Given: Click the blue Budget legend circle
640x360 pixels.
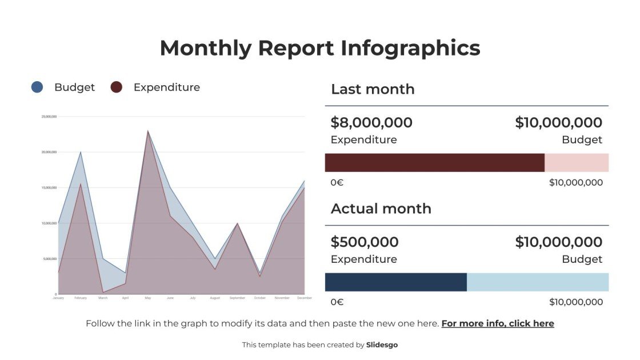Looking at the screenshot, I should tap(37, 87).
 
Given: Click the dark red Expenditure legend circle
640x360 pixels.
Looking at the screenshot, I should tap(117, 87).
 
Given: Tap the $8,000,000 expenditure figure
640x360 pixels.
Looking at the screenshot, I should tap(371, 123).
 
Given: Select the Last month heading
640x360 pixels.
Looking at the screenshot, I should tap(373, 89).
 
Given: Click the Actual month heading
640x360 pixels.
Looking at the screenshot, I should tap(381, 209).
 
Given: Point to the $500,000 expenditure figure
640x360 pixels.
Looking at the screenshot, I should tap(365, 242).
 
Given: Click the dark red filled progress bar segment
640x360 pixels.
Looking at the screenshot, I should tap(434, 163).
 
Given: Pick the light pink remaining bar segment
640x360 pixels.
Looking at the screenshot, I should tap(576, 163).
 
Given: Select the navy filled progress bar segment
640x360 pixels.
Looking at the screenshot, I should tap(395, 282).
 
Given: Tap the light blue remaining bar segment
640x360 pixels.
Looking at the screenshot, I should tap(537, 282).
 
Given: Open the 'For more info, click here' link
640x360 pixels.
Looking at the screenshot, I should tap(498, 323).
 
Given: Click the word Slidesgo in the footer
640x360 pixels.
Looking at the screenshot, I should tap(382, 345).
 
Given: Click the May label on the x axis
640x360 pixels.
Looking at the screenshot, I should tap(147, 298).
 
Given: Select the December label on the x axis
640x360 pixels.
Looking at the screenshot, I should tap(304, 298).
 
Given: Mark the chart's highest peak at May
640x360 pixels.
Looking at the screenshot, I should tap(148, 131).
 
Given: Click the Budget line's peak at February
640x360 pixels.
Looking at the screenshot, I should tap(81, 152).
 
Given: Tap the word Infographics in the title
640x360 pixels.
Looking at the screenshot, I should tap(410, 48).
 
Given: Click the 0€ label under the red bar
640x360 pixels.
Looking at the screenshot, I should tap(337, 183).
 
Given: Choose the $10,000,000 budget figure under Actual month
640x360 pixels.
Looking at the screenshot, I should tap(558, 242).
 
